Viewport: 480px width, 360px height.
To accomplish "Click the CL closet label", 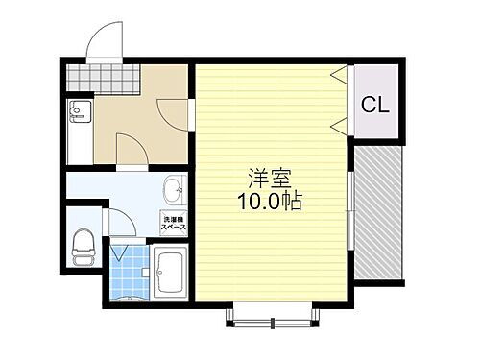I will coord(375,105).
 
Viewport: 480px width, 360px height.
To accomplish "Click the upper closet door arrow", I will coord(338,74).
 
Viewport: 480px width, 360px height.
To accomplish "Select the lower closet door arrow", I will coord(338,125).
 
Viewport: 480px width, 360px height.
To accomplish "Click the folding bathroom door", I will coord(122,258).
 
